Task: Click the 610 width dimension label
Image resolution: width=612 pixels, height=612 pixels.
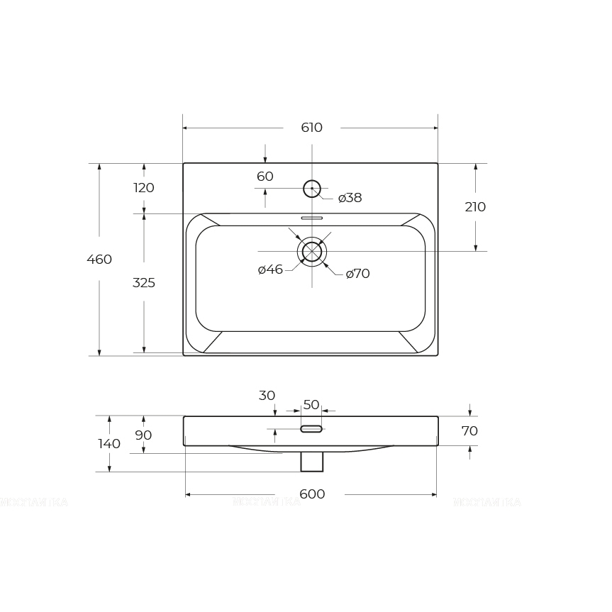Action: point(311,128)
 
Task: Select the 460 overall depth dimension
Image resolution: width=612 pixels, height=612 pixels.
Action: point(99,260)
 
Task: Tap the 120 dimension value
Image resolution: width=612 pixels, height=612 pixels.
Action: point(144,188)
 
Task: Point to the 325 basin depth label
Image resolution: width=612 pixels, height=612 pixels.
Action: point(144,283)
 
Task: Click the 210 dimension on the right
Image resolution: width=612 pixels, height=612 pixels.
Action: point(475,207)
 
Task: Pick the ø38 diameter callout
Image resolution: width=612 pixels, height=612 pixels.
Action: point(350,198)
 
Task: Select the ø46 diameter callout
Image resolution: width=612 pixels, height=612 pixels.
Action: point(270,269)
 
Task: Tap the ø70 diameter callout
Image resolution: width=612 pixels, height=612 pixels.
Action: point(358,274)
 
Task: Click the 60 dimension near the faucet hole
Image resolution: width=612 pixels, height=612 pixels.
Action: point(265,177)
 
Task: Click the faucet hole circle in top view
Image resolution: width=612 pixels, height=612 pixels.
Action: point(312,189)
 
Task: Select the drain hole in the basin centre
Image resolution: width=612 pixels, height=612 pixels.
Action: point(312,252)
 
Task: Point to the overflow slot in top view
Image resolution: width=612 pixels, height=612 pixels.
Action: point(312,218)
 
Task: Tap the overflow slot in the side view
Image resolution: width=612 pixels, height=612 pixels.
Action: point(311,429)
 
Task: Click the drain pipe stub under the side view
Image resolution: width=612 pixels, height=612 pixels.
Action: point(312,462)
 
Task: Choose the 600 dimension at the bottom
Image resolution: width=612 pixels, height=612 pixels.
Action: point(312,494)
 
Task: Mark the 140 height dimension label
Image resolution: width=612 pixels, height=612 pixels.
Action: point(109,444)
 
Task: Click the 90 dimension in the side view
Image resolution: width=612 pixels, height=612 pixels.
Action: point(143,435)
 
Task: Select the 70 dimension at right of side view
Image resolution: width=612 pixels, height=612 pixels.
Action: point(469,430)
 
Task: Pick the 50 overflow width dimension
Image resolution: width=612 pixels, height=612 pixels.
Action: point(311,405)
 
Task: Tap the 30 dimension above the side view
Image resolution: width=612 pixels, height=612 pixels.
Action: point(267,396)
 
